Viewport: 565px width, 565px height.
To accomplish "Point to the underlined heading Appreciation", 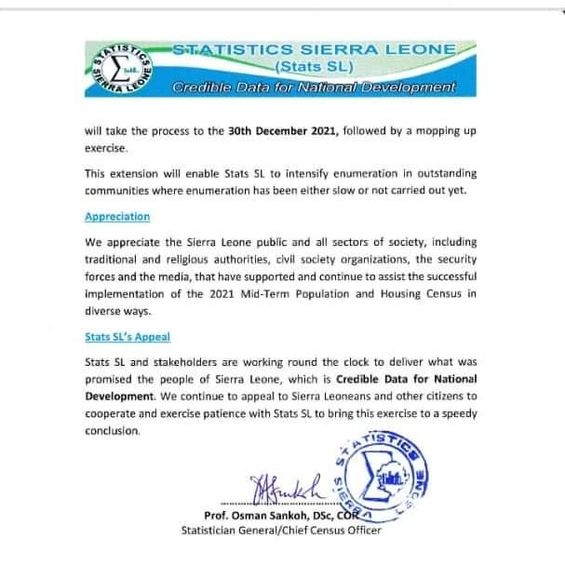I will pyautogui.click(x=116, y=216).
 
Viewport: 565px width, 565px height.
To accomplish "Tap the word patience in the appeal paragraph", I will pyautogui.click(x=245, y=416).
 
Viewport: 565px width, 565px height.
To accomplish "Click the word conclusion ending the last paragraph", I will pyautogui.click(x=113, y=432).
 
